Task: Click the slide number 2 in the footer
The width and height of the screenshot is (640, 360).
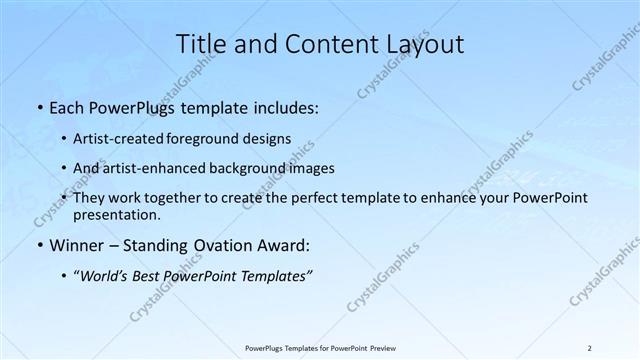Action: point(589,347)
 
